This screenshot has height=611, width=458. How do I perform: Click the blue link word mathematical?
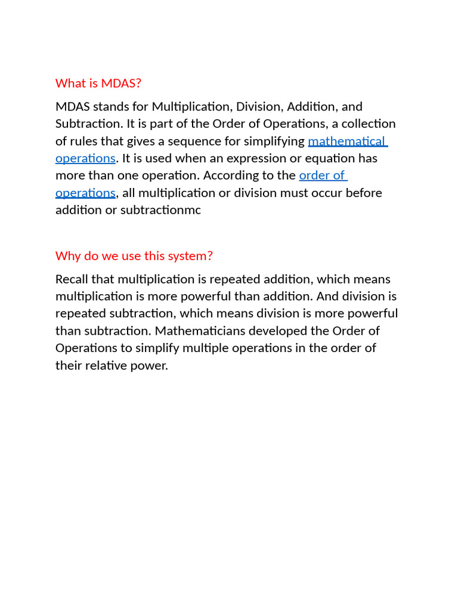pos(346,141)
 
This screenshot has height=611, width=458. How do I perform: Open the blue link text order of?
pos(322,175)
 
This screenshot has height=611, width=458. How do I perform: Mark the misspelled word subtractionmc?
pos(160,210)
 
